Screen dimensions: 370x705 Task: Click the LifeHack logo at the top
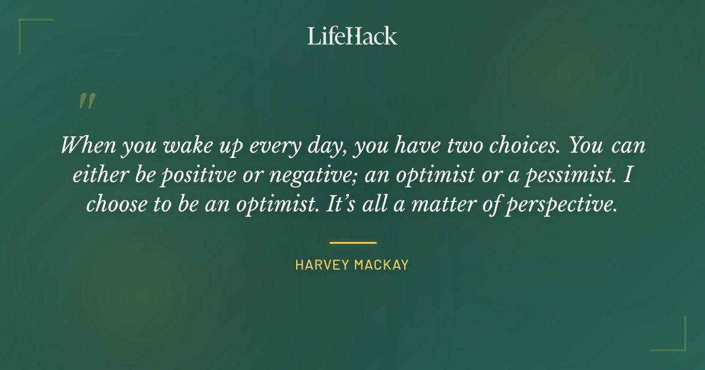[352, 36]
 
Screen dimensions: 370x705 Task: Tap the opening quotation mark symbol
[86, 102]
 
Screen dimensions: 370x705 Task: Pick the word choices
[518, 145]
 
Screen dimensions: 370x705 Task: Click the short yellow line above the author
[352, 243]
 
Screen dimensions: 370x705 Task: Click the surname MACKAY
[381, 265]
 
